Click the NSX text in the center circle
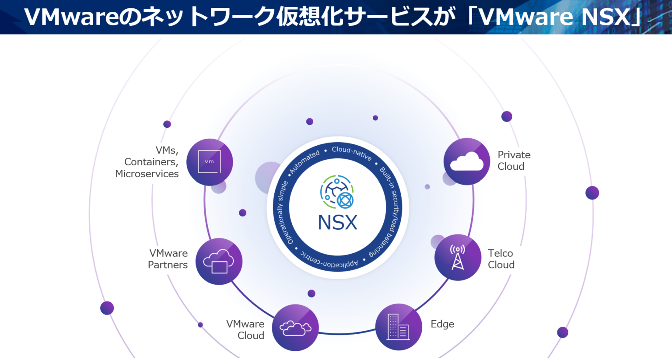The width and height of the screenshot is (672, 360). click(x=337, y=222)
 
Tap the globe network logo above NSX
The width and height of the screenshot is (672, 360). click(x=337, y=192)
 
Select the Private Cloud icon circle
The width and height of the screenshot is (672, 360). click(x=466, y=161)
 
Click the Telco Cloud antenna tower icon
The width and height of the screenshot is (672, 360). click(x=458, y=257)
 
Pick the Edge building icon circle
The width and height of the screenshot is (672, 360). click(x=398, y=327)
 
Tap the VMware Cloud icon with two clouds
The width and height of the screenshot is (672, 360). click(x=295, y=328)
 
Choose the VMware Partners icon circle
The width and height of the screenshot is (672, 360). click(x=219, y=261)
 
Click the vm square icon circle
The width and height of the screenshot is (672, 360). click(x=210, y=162)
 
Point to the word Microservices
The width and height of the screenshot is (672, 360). click(x=147, y=174)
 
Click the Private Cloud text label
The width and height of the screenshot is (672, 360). click(x=514, y=161)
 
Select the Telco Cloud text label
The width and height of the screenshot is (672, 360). click(x=501, y=259)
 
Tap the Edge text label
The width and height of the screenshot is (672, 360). click(x=442, y=324)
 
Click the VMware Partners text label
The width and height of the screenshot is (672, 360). click(x=168, y=259)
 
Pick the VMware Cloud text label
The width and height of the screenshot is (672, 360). click(x=245, y=330)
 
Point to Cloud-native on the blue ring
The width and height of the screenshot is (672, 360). click(x=351, y=153)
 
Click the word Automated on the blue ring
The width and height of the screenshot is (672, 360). click(x=305, y=161)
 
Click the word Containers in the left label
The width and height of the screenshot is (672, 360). click(x=150, y=162)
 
